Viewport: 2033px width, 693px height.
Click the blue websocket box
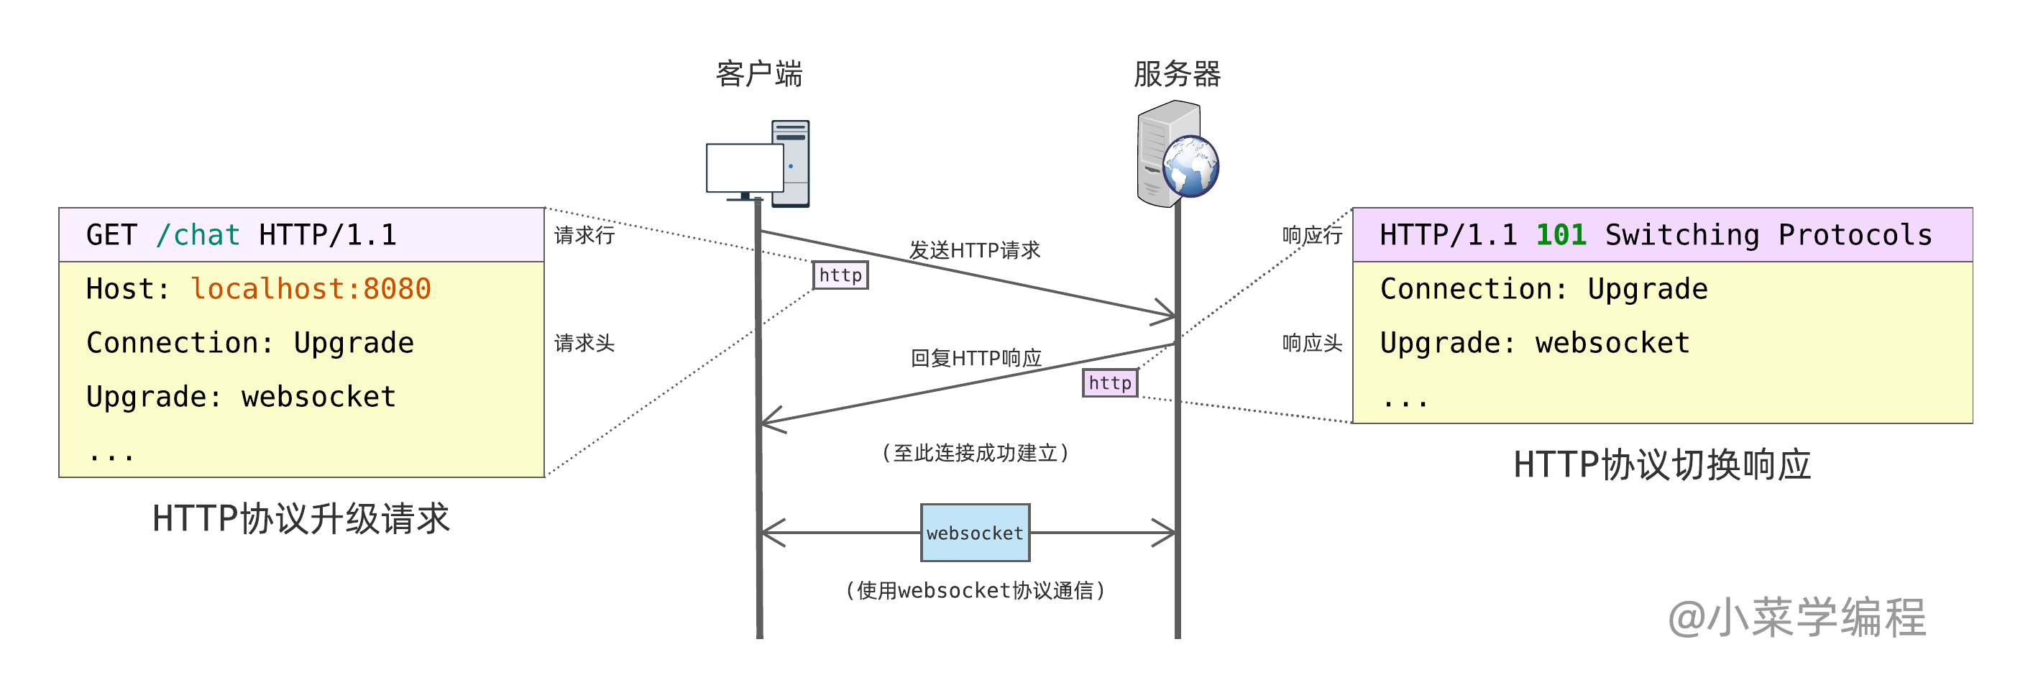975,533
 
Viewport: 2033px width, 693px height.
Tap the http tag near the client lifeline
840,275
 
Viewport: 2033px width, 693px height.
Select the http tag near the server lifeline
1110,383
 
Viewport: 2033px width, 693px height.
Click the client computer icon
758,164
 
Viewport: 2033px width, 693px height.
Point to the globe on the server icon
1191,166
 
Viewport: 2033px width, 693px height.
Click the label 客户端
759,73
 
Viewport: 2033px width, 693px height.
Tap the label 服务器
1177,73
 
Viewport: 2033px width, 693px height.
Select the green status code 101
1561,234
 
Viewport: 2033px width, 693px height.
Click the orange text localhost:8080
311,289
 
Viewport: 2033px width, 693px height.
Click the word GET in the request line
111,235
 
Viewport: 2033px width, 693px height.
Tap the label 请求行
584,235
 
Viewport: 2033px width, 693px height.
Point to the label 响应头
1312,343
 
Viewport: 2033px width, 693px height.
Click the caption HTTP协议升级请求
300,518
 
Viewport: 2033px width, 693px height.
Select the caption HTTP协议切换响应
1662,464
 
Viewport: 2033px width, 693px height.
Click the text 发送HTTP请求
975,250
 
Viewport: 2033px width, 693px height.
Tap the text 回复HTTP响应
976,358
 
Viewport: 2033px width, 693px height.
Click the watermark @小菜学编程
1797,618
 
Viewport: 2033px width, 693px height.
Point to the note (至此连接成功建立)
975,453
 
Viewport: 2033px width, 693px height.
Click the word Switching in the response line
1681,235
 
